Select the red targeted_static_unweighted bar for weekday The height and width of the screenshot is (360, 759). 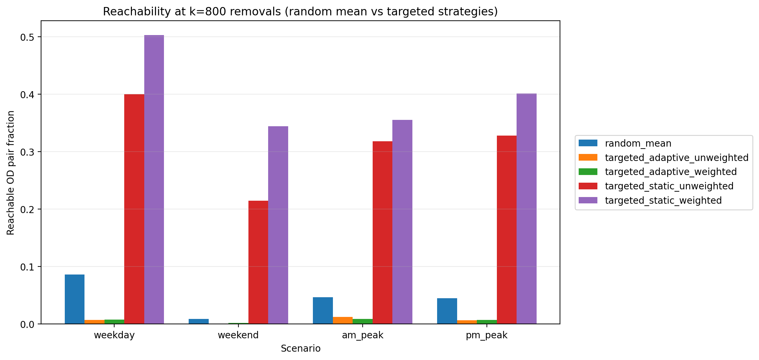pos(134,209)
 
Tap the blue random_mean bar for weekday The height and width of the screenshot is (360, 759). pos(74,299)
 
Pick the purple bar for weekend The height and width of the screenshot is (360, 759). pos(278,225)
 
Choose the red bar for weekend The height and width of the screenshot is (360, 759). pos(258,262)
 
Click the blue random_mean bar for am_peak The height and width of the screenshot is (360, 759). pos(323,311)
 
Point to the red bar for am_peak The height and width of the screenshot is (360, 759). pos(382,232)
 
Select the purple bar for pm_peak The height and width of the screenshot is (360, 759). pos(526,209)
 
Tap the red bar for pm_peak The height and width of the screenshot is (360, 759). pos(507,230)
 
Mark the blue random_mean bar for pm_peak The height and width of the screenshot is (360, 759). pos(447,311)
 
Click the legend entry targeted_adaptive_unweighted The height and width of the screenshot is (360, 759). pos(676,158)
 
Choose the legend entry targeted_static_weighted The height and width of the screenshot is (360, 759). pos(663,200)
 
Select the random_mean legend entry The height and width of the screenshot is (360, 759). pos(638,143)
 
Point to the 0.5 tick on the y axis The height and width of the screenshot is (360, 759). pos(28,37)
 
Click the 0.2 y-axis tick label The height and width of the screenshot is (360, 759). pos(28,209)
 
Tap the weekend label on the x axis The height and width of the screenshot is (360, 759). pos(238,335)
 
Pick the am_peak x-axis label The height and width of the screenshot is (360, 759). pos(362,335)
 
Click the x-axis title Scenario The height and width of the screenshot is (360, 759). pos(301,349)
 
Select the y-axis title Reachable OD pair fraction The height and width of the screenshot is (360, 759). pos(11,173)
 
